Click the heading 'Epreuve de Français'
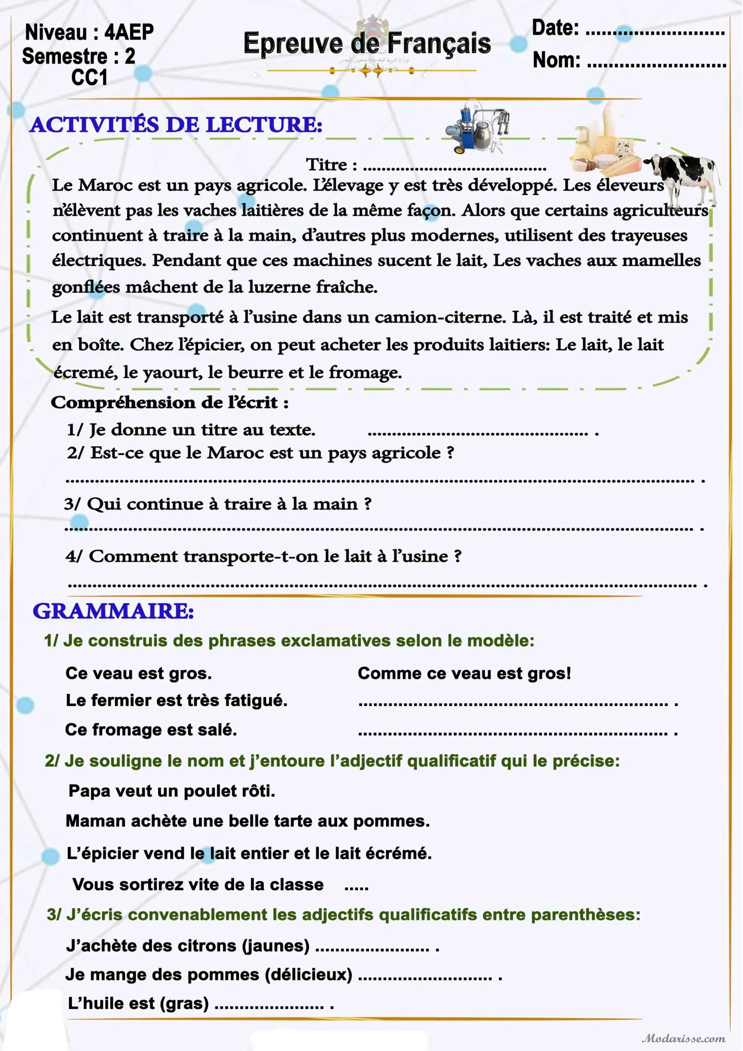click(x=367, y=44)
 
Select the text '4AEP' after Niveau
click(x=129, y=32)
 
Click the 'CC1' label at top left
click(x=89, y=77)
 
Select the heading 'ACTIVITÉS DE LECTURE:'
click(x=176, y=125)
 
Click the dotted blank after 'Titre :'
click(x=457, y=168)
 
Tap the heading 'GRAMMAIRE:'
click(x=114, y=612)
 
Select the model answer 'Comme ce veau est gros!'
click(x=464, y=673)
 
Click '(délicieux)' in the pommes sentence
click(x=309, y=974)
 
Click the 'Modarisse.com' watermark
click(x=684, y=1038)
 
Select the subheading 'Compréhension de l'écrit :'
click(x=169, y=403)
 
